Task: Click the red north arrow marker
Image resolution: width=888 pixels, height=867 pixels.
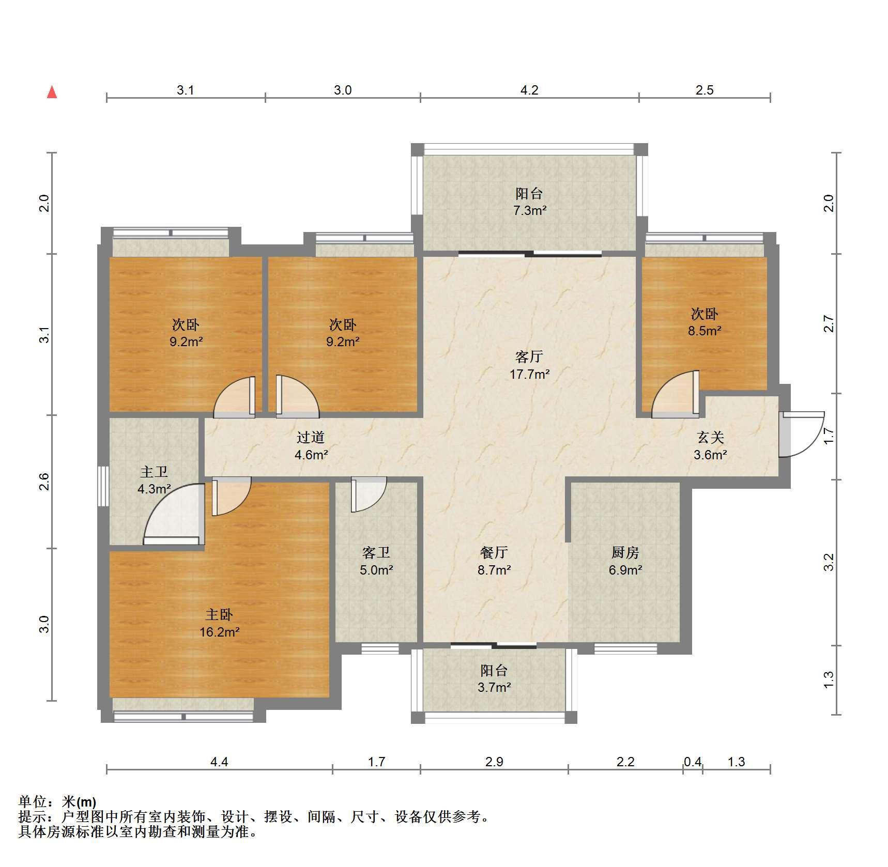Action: (52, 92)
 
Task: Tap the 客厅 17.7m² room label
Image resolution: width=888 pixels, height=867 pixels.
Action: (529, 365)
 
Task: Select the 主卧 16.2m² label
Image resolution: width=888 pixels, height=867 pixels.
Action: (219, 623)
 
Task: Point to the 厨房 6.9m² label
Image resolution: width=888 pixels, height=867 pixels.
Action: (625, 561)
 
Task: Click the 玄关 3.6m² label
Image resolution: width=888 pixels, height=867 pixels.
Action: (711, 446)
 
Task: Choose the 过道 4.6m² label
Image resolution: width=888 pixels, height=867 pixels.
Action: (311, 446)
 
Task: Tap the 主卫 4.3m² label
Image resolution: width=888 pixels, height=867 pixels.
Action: (154, 480)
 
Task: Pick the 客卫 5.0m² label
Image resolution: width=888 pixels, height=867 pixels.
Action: (376, 561)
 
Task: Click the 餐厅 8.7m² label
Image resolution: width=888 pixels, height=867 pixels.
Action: (494, 561)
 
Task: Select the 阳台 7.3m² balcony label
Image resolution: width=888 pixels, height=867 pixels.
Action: (530, 202)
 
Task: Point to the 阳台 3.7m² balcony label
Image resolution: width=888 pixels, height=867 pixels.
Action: (494, 679)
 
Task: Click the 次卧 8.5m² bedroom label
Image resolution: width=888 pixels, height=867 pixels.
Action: (705, 322)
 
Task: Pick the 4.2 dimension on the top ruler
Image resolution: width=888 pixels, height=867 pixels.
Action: (529, 90)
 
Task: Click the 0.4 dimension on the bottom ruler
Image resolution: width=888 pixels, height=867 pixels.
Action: (693, 762)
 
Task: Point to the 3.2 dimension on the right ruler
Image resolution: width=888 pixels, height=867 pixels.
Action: (829, 562)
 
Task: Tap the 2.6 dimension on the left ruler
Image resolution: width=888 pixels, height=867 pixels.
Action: (45, 482)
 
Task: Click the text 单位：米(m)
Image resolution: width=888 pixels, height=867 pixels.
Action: (57, 802)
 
